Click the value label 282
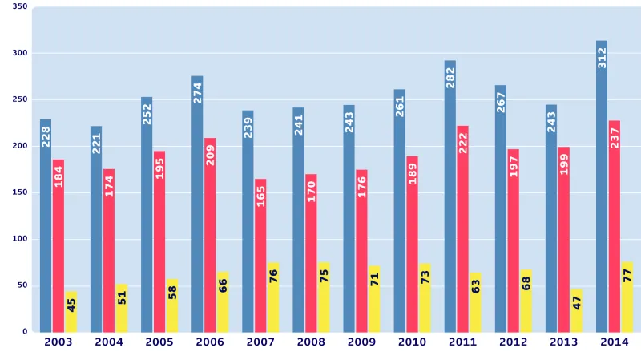[450, 78]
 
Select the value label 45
[71, 305]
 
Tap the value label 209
[210, 155]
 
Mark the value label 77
[627, 276]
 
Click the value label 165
[260, 196]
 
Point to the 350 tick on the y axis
[20, 7]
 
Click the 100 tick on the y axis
[20, 239]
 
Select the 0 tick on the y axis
[24, 331]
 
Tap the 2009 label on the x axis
[361, 342]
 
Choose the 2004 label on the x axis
[109, 342]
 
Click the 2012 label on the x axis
[514, 342]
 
